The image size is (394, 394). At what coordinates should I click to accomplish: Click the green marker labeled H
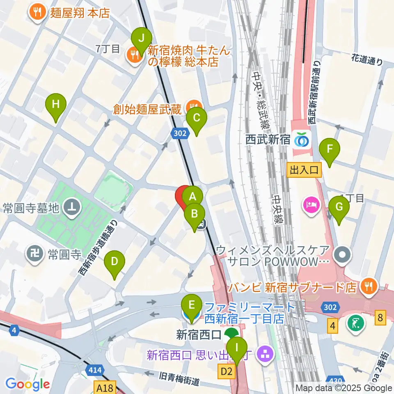tap(56, 105)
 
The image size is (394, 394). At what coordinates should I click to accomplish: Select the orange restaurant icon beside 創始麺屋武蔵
tap(191, 107)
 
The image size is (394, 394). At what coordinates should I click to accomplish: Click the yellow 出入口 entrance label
tap(304, 170)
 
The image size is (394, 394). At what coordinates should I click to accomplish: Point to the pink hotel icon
tap(311, 204)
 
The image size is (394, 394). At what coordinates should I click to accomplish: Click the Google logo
tap(27, 384)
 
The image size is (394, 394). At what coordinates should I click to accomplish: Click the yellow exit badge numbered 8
tap(380, 317)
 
